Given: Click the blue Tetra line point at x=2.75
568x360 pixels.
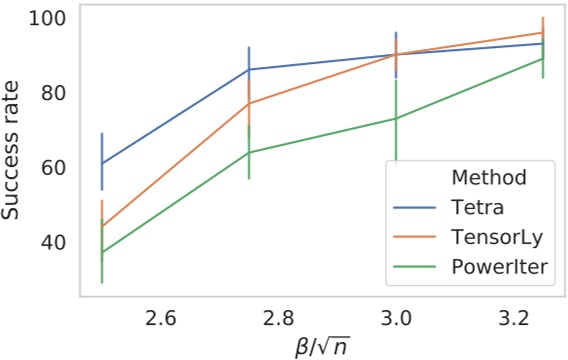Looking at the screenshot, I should coord(249,70).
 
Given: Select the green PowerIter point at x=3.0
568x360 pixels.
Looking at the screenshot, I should coord(396,118).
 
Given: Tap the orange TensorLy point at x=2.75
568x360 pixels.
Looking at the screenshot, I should coord(249,104).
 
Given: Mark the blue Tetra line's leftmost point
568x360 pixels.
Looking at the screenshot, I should coord(101,163).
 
